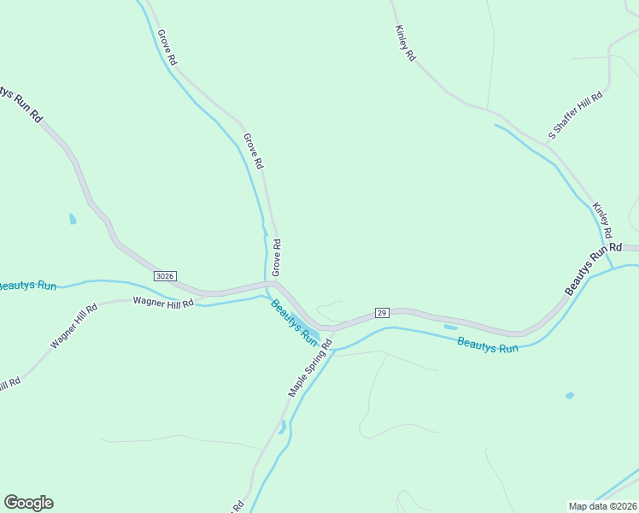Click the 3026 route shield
[166, 275]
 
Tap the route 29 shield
[382, 313]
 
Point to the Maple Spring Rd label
[309, 366]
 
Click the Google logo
[28, 503]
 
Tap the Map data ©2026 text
[602, 505]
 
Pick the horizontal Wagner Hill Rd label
[163, 302]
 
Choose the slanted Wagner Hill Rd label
[68, 327]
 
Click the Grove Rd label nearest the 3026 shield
[276, 257]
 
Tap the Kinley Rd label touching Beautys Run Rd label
[603, 221]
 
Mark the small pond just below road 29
[450, 327]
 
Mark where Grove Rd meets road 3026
[275, 283]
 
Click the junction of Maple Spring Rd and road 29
[332, 327]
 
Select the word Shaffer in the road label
[575, 115]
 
